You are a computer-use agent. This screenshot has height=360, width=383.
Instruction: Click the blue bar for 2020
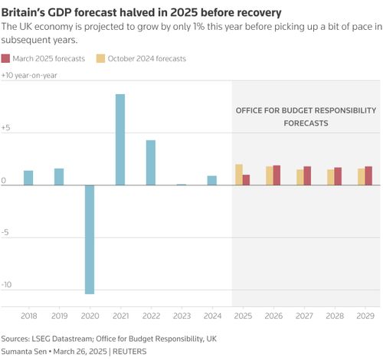[90, 240]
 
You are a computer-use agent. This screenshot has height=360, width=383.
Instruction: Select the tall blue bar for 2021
[120, 139]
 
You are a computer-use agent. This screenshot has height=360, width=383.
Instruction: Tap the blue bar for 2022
[151, 162]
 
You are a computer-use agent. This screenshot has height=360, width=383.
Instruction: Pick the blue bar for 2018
[28, 178]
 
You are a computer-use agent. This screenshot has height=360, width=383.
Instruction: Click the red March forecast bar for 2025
[246, 180]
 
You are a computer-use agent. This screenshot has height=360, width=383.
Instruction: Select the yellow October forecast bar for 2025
[239, 175]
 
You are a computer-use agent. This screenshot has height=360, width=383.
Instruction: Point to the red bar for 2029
[368, 175]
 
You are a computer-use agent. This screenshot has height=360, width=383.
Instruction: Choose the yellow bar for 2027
[300, 177]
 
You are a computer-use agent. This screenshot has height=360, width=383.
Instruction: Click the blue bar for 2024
[212, 181]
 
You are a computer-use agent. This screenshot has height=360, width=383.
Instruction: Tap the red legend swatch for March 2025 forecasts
[5, 58]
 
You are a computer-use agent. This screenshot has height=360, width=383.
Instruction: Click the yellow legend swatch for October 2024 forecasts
[100, 58]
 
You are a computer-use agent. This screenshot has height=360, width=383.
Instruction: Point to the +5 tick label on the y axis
[5, 128]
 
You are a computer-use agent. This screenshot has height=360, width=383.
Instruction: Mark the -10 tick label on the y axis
[6, 284]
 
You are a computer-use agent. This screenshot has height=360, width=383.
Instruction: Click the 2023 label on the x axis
[182, 316]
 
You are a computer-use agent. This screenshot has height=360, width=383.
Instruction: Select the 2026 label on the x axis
[273, 316]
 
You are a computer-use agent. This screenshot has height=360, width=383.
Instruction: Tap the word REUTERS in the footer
[129, 352]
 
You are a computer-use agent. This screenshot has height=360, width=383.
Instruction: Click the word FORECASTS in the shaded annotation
[306, 123]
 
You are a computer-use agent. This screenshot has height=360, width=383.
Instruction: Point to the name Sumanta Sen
[24, 352]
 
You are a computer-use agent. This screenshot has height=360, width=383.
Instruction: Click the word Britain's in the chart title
[23, 12]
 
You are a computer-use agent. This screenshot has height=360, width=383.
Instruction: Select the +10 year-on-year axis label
[29, 75]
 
